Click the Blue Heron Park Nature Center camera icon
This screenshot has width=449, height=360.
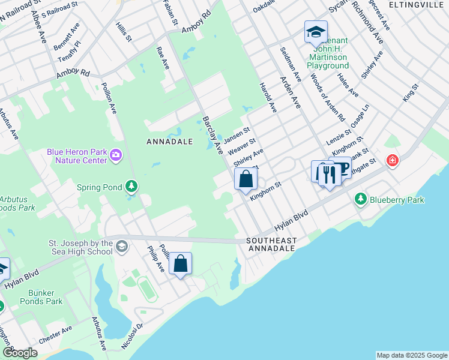pyautogui.click(x=116, y=157)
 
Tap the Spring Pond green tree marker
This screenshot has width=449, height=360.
pyautogui.click(x=131, y=187)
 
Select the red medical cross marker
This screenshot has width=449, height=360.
pyautogui.click(x=392, y=161)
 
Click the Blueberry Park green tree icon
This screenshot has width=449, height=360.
pyautogui.click(x=360, y=199)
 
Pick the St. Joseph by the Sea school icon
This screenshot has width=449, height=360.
pyautogui.click(x=122, y=247)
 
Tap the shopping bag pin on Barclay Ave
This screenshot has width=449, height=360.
pyautogui.click(x=246, y=178)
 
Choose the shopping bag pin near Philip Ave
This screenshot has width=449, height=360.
pyautogui.click(x=180, y=263)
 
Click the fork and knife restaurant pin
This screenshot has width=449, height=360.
pyautogui.click(x=328, y=173)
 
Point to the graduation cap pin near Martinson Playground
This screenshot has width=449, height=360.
pyautogui.click(x=315, y=32)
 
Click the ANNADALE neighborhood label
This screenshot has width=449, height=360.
pyautogui.click(x=170, y=142)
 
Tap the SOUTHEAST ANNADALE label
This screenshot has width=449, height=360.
pyautogui.click(x=271, y=244)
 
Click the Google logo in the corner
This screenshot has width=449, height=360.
pyautogui.click(x=20, y=353)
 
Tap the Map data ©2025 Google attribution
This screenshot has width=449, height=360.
pyautogui.click(x=412, y=355)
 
